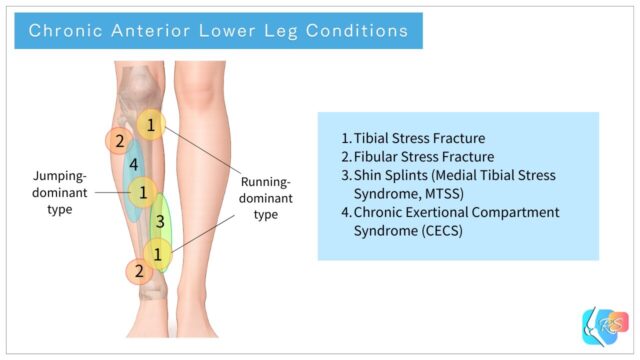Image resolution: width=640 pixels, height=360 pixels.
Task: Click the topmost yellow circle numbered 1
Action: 150,125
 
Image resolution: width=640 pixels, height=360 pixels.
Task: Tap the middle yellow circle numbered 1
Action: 144,190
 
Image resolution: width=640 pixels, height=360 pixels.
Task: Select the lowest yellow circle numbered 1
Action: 157,254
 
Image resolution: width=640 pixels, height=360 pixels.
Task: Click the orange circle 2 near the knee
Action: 119,141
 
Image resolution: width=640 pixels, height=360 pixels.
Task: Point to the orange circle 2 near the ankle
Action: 139,270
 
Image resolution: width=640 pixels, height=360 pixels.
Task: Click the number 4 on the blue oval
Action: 133,163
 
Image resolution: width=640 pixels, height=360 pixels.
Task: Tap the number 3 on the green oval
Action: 160,221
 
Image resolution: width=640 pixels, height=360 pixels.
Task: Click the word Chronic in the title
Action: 62,30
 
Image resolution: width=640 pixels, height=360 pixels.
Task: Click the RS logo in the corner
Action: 603,327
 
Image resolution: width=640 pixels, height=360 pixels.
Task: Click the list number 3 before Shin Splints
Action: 345,175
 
